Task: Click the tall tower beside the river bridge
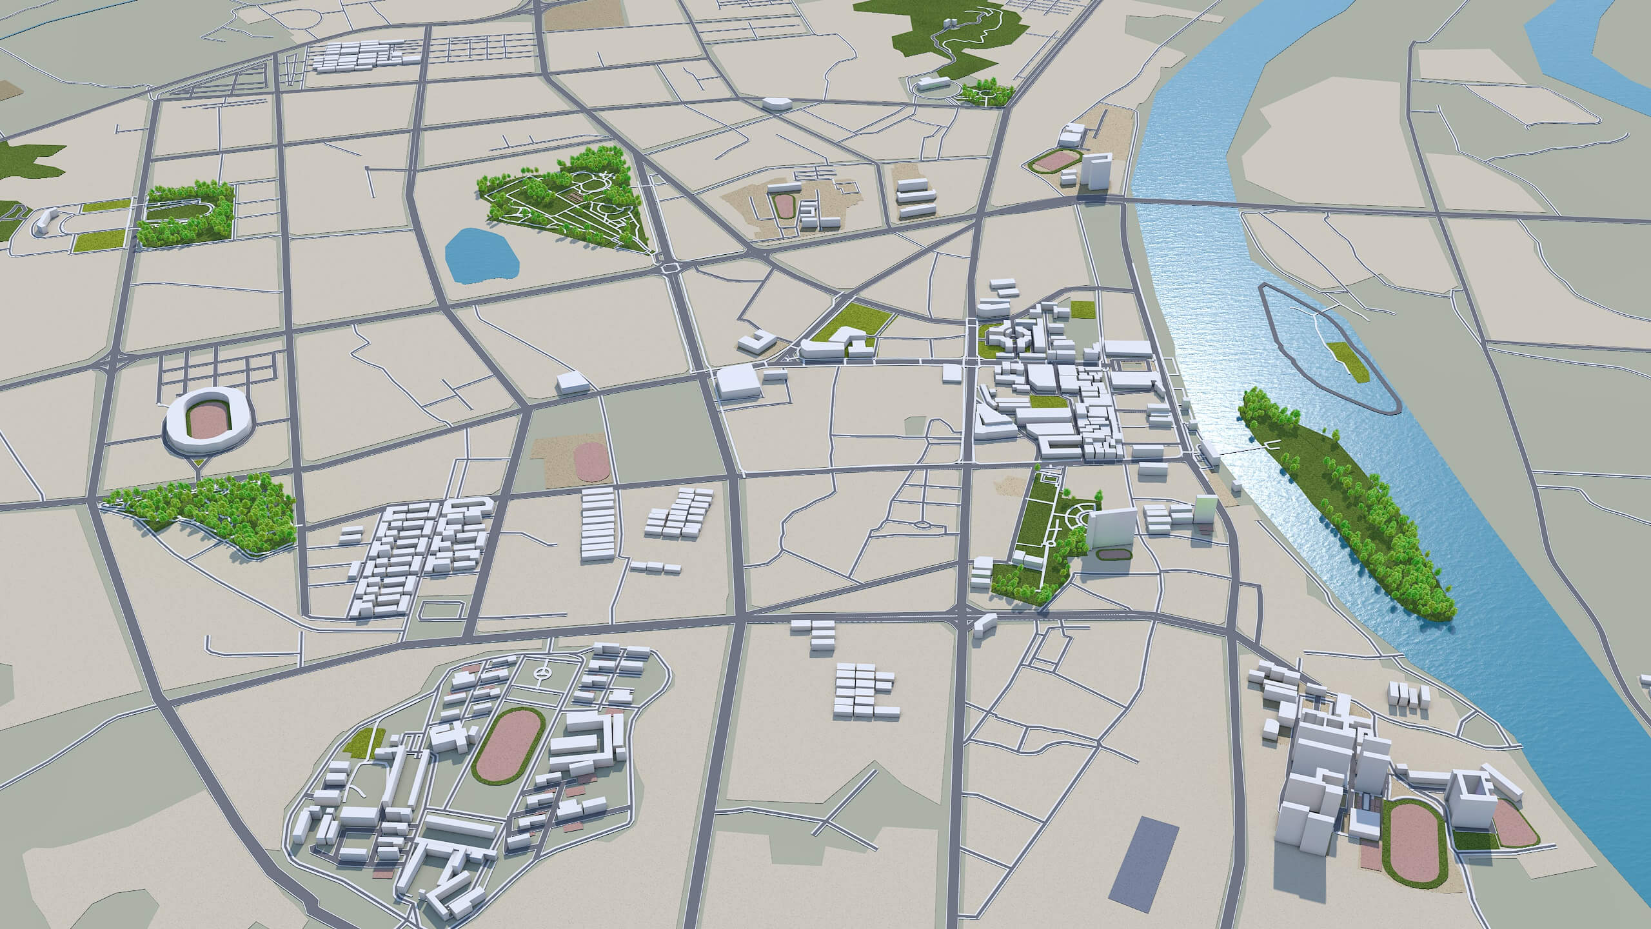[x=1096, y=171]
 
